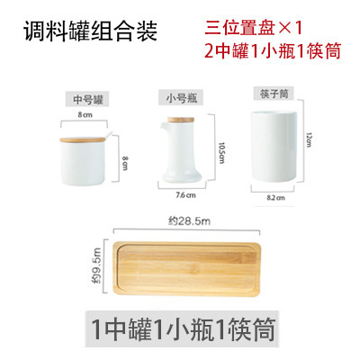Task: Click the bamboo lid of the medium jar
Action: click(x=76, y=139)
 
